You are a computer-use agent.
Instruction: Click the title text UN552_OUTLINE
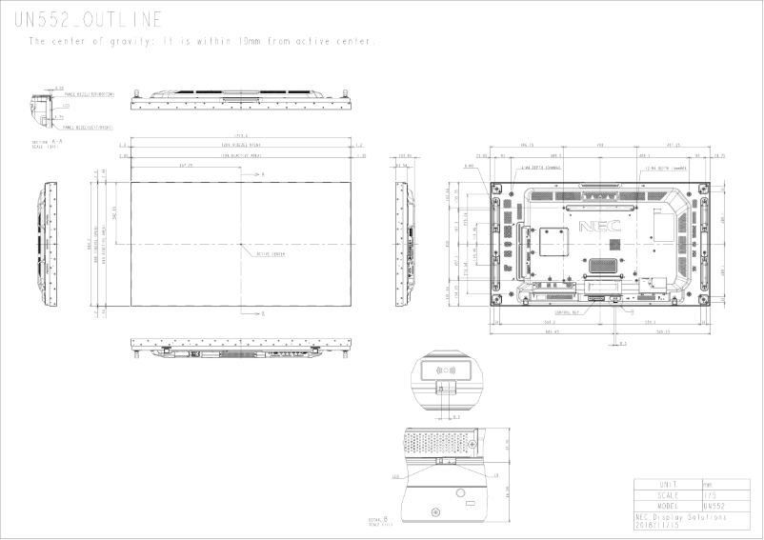point(88,20)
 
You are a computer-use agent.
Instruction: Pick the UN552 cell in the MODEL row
point(714,507)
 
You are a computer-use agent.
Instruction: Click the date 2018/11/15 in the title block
point(661,525)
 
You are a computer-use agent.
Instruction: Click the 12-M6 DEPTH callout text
point(666,167)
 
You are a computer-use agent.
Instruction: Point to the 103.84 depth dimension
point(403,155)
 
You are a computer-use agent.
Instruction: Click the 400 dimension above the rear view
point(600,147)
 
